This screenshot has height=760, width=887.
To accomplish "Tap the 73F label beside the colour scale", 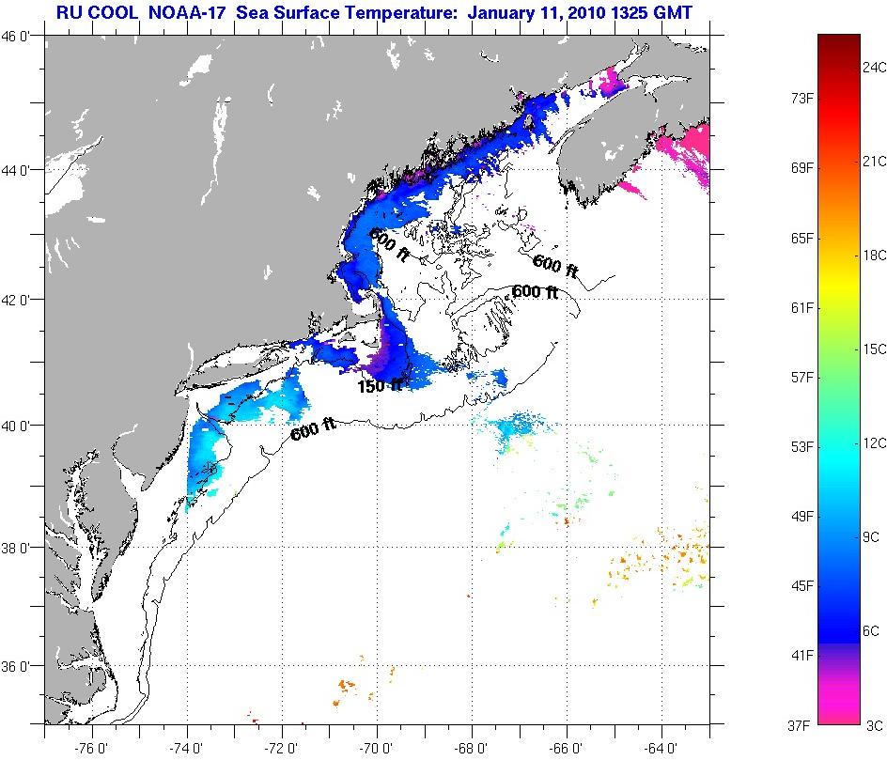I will point(801,99).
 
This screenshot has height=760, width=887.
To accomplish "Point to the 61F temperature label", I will point(801,307).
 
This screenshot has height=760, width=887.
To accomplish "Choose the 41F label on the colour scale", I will point(801,655).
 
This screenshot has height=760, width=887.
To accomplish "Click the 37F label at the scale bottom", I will point(801,724).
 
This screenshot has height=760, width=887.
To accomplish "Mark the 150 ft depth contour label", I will point(378,385).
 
